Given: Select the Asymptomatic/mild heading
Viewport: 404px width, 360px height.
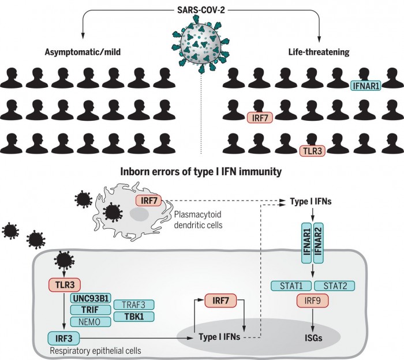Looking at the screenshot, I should pyautogui.click(x=86, y=53).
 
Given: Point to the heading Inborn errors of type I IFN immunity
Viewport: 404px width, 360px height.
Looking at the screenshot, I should pyautogui.click(x=201, y=172).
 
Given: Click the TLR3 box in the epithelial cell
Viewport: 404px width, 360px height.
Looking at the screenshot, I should pyautogui.click(x=64, y=284).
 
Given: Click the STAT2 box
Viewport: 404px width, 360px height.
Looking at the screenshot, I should pyautogui.click(x=334, y=285).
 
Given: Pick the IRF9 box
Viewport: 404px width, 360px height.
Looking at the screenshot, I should pyautogui.click(x=312, y=300).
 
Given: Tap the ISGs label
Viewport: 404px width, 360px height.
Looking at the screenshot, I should pyautogui.click(x=312, y=337).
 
